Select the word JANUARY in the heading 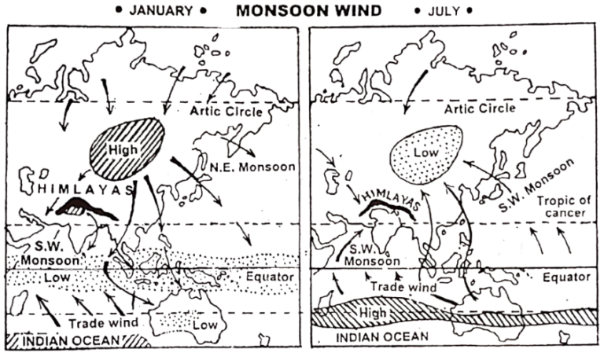click(x=159, y=11)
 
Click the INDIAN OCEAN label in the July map click(x=371, y=336)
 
